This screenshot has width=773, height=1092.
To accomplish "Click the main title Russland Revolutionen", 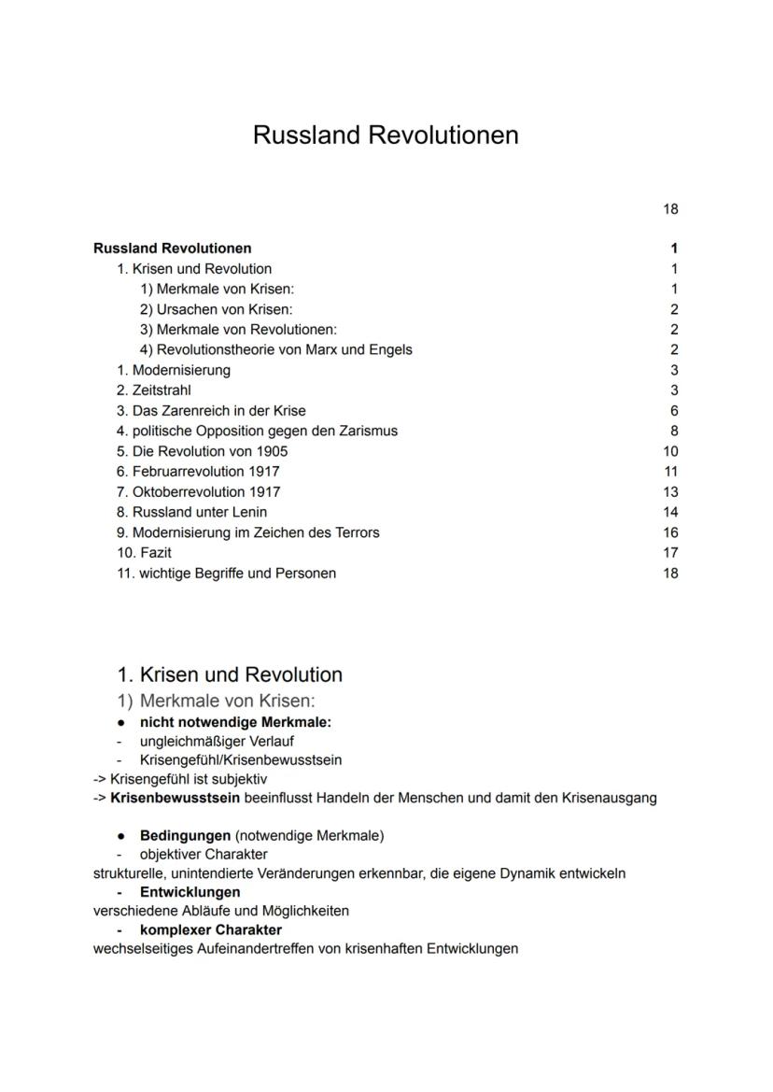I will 386,135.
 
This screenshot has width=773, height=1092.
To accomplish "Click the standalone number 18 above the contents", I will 670,209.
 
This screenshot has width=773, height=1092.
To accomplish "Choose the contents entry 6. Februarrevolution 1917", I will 198,472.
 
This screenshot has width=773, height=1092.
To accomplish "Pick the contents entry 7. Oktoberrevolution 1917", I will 198,492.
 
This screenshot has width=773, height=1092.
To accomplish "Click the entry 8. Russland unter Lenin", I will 191,512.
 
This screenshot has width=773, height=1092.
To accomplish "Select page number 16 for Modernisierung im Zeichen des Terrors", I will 670,532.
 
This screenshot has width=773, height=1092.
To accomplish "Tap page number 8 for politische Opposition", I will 674,432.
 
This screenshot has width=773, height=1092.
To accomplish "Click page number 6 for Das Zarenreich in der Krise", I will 674,411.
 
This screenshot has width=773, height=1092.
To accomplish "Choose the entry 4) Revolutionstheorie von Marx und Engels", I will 275,350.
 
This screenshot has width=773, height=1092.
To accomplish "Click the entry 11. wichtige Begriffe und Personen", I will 226,574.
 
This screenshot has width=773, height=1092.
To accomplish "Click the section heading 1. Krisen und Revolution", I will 230,674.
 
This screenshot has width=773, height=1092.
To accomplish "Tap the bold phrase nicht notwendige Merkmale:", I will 235,722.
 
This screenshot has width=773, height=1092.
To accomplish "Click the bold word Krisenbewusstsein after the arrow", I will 176,798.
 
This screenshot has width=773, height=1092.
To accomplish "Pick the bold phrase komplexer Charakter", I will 210,930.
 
